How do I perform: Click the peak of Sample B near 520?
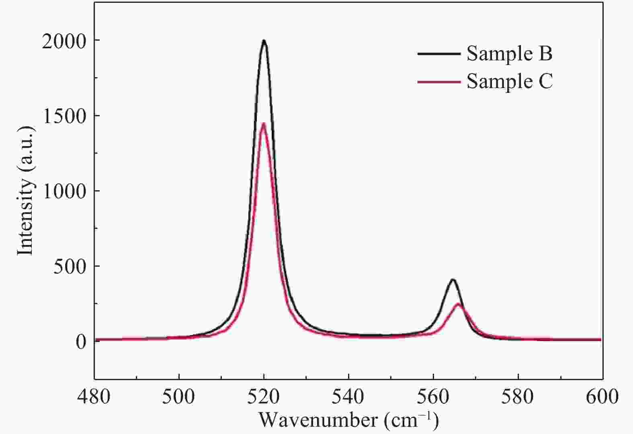coord(264,41)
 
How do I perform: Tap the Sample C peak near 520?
coord(264,124)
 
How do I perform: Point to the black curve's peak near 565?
coord(453,280)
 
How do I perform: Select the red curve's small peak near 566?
coord(458,304)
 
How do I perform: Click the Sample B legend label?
coord(509,53)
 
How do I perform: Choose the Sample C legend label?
coord(509,81)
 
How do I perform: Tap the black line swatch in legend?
coord(439,53)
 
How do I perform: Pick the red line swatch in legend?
coord(439,82)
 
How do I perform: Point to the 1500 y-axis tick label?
coord(64,116)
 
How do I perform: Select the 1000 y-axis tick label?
coord(64,191)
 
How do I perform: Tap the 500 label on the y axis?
coord(70,266)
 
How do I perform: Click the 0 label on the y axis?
coord(81,341)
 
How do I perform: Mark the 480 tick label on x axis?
coord(94,397)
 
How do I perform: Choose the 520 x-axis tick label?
coord(264,397)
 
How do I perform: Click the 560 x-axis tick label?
coord(433,397)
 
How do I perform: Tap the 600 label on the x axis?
coord(602,397)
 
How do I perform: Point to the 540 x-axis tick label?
coord(348,397)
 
